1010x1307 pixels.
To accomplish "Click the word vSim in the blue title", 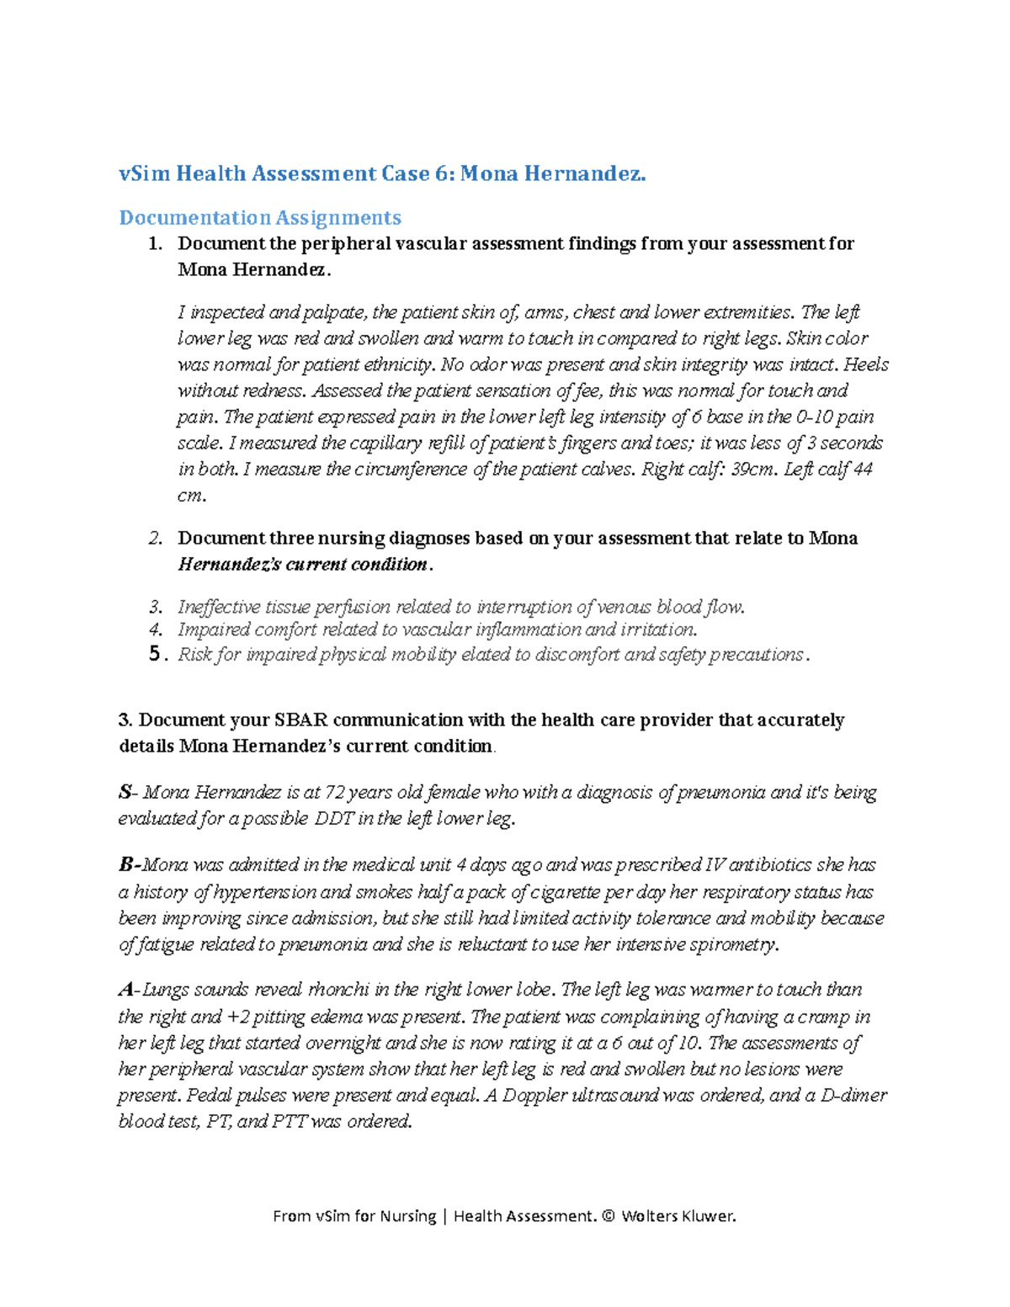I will tap(140, 173).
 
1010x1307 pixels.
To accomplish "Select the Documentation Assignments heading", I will tap(259, 217).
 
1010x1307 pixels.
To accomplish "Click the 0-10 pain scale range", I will tap(821, 417).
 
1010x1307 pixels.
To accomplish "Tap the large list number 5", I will tap(154, 654).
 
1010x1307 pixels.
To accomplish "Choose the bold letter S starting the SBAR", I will tap(125, 792).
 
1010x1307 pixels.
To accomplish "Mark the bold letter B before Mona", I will tap(126, 864).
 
